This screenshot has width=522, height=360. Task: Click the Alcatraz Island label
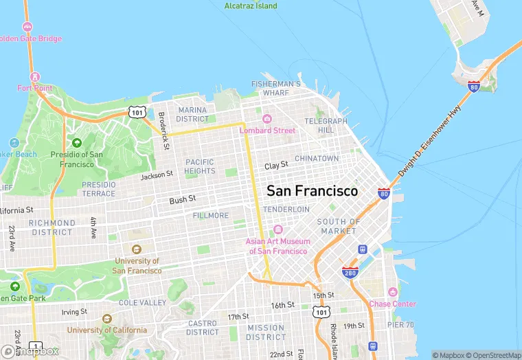coord(251,6)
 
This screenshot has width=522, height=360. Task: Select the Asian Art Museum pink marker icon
coord(278,229)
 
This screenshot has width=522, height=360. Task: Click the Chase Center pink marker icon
coord(392,293)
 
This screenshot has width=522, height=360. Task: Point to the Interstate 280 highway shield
coord(350,273)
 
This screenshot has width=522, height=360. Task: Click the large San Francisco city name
coord(312,191)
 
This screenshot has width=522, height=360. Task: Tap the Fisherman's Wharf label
coord(275,88)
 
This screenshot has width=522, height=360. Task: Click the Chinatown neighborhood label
coord(317,159)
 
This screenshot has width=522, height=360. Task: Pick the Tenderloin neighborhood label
coord(286,209)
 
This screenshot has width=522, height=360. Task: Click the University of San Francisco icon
coord(137,249)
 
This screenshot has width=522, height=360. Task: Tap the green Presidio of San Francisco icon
coord(76,143)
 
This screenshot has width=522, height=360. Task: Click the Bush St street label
coord(183,199)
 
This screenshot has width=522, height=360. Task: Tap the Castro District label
coord(202,328)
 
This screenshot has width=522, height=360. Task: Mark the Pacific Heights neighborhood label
coord(200,166)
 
